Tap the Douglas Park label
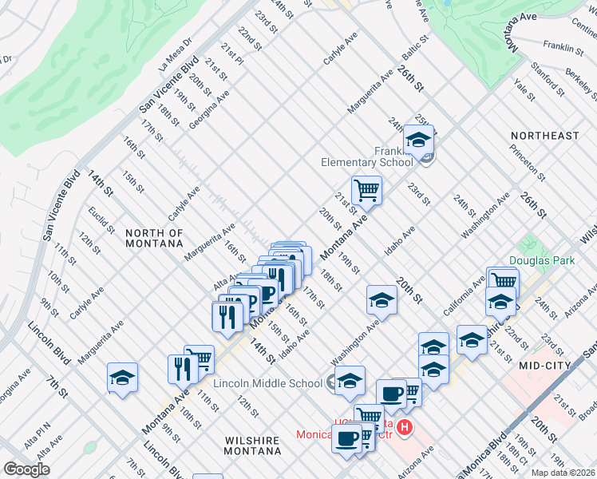(x=538, y=261)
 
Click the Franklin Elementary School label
(x=367, y=156)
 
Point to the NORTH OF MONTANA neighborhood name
(x=154, y=239)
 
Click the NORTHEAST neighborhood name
(x=545, y=136)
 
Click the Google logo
(x=26, y=469)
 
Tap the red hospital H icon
(x=405, y=429)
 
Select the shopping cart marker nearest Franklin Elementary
(x=366, y=190)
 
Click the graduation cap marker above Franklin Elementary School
(x=418, y=139)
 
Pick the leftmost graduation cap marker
(x=122, y=377)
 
